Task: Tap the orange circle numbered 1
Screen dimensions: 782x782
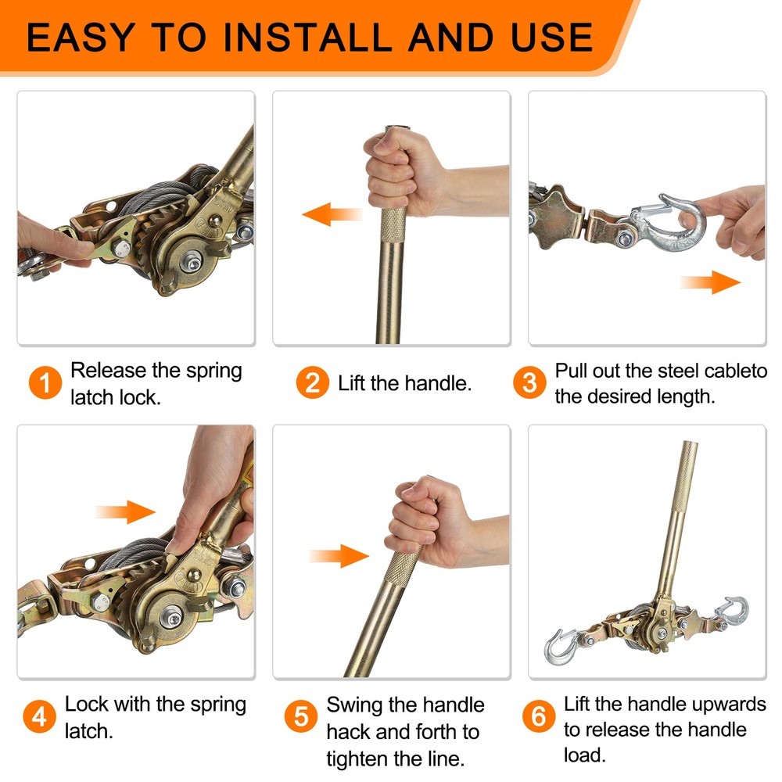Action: tap(46, 383)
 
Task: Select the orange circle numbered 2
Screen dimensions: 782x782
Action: tap(313, 383)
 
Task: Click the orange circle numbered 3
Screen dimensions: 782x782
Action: tap(530, 383)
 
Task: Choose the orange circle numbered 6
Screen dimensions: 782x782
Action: tap(538, 717)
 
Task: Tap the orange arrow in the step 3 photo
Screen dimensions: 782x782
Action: tap(709, 282)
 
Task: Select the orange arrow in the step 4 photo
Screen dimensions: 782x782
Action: tap(125, 512)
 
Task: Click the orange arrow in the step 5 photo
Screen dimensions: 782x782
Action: tap(338, 557)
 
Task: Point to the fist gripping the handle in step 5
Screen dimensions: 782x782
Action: tap(430, 520)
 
